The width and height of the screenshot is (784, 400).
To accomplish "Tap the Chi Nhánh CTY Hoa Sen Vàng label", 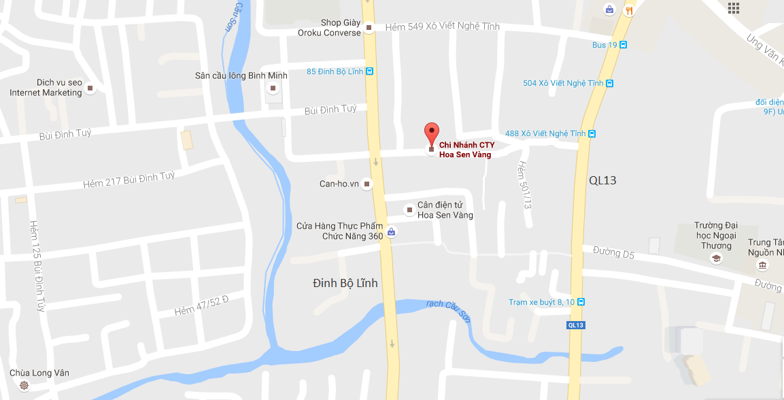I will pyautogui.click(x=466, y=150).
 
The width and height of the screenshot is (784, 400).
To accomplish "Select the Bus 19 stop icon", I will pyautogui.click(x=623, y=45).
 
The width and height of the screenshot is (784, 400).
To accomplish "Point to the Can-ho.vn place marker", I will pyautogui.click(x=367, y=184).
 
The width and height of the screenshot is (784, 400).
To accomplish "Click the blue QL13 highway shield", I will pyautogui.click(x=575, y=325).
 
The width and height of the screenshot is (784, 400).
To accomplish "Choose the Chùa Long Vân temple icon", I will pyautogui.click(x=24, y=386).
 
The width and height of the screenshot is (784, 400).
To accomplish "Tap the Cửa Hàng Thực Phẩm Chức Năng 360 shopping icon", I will pyautogui.click(x=391, y=233).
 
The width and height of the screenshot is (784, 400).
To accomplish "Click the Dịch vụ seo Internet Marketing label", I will pyautogui.click(x=46, y=87).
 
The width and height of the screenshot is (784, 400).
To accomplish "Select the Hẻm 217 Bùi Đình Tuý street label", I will pyautogui.click(x=129, y=180).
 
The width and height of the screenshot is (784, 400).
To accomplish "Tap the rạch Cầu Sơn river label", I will pyautogui.click(x=447, y=311).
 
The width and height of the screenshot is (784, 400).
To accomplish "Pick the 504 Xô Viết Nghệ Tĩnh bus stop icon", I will pyautogui.click(x=609, y=84).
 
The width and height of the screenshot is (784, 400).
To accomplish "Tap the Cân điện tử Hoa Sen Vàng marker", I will pyautogui.click(x=409, y=210).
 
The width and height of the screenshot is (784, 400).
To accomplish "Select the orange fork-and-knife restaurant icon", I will pyautogui.click(x=629, y=10).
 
